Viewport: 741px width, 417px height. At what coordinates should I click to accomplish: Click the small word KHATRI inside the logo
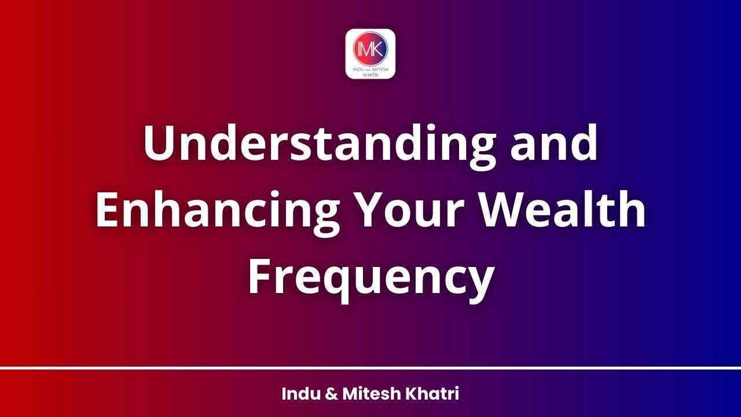[370, 74]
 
